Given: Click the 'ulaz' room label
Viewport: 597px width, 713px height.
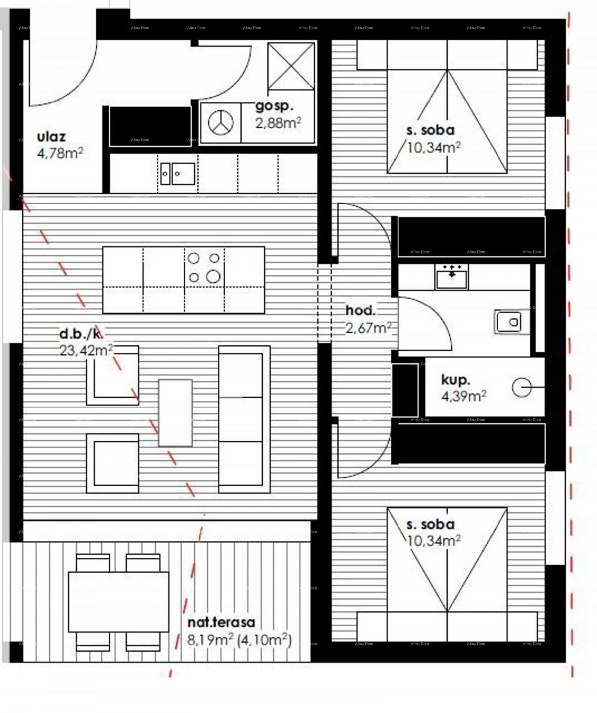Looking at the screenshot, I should click(51, 137).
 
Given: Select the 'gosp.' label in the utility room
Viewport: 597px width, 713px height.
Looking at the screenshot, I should click(274, 105).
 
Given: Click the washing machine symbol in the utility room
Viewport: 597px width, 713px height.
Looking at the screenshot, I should click(220, 122).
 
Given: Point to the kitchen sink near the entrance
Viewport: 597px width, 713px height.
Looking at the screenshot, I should click(177, 173).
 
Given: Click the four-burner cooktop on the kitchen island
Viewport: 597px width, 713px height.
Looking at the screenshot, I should click(204, 267).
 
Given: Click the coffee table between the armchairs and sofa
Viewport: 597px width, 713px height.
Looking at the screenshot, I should click(175, 412).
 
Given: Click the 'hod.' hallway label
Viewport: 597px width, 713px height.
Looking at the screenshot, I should click(361, 311).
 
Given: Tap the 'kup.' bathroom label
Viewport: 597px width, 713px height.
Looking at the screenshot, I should click(456, 380).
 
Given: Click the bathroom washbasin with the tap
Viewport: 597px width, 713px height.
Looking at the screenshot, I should click(451, 277).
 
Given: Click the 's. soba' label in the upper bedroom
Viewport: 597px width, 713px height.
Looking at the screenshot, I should click(430, 130).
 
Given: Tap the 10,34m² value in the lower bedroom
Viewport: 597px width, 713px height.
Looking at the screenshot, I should click(433, 540).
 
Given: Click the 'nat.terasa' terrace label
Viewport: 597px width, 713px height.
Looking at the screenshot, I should click(221, 622).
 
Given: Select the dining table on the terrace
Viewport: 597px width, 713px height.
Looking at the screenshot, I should click(118, 602).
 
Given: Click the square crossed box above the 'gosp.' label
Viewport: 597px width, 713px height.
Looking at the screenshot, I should click(291, 66).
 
